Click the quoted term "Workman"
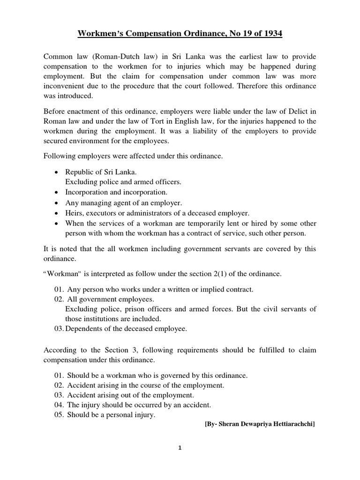coord(60,273)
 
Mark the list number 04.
coord(59,405)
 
